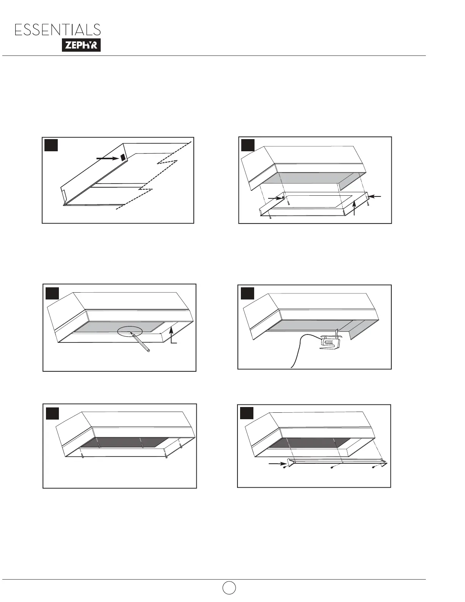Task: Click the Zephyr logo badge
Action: (81, 45)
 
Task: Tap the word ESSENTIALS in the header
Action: (58, 30)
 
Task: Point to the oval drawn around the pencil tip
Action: (130, 332)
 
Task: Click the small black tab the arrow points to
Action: (123, 157)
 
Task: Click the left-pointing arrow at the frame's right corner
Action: (375, 196)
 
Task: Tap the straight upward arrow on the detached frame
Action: (354, 209)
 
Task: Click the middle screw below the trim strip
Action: (332, 467)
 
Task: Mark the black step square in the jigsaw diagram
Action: (247, 293)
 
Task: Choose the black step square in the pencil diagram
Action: (52, 293)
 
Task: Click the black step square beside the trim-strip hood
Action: (247, 413)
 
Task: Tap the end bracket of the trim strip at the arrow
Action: (290, 463)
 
